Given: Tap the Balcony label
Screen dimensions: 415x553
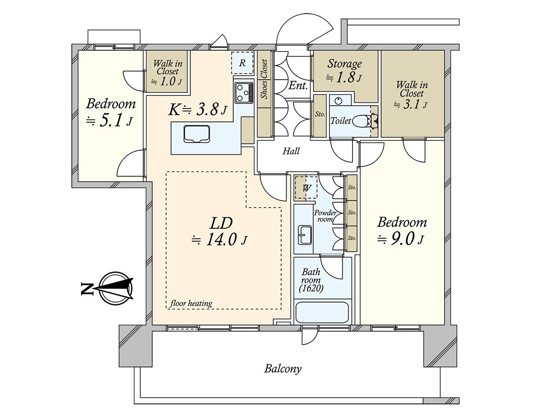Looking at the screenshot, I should (x=282, y=369).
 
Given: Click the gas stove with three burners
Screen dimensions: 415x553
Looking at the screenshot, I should (x=243, y=92).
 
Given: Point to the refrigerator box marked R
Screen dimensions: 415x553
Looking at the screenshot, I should (x=242, y=62).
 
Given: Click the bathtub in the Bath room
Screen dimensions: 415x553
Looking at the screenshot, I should (x=322, y=313).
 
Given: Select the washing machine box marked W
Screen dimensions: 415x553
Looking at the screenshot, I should (x=306, y=188).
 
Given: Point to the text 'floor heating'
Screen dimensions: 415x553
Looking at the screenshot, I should (x=191, y=303).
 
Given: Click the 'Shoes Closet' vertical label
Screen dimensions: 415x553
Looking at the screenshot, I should (x=264, y=79).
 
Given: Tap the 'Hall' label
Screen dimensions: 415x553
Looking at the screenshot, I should (x=291, y=151).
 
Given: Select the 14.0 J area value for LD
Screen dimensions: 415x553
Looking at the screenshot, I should (x=219, y=240).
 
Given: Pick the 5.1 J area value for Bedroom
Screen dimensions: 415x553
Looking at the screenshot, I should (x=110, y=121).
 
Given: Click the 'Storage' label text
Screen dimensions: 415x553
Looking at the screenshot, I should (x=344, y=64).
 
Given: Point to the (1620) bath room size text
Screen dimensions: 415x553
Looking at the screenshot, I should (x=311, y=289).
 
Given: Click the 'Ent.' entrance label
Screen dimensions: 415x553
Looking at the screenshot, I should (x=298, y=85).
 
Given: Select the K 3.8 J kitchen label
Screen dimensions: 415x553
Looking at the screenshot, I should (x=197, y=110).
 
